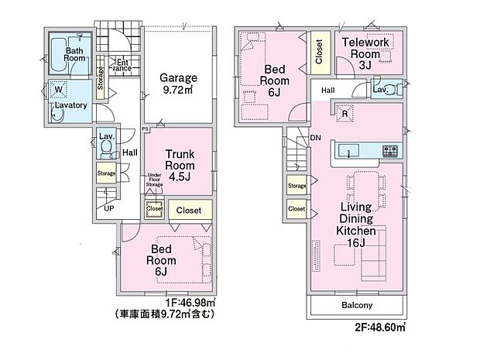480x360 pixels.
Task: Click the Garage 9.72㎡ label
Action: tap(178, 84)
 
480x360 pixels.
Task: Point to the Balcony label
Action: tap(357, 305)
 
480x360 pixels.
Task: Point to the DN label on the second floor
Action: tap(315, 138)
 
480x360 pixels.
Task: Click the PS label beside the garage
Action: tap(145, 129)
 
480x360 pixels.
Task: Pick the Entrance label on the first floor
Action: tap(123, 66)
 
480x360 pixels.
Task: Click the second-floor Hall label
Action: tap(328, 91)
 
